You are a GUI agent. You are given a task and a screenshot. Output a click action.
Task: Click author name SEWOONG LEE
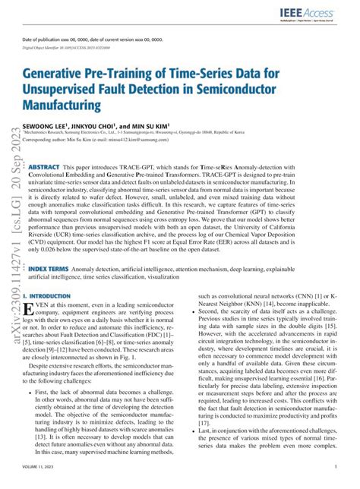[x=47, y=126]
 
